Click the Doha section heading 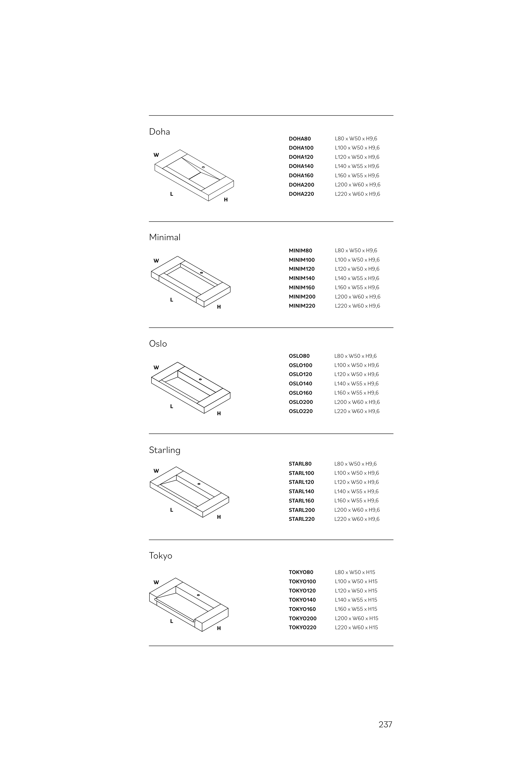[x=159, y=132]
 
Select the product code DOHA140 [x=301, y=166]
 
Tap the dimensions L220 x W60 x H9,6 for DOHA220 [x=357, y=194]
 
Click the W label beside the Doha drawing [x=156, y=155]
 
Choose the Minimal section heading [x=165, y=238]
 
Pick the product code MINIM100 [x=302, y=260]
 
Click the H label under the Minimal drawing [x=219, y=307]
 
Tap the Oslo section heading [x=158, y=344]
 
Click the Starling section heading [x=165, y=450]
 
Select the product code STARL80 [x=300, y=464]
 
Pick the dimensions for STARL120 [x=356, y=482]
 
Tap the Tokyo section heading [x=160, y=556]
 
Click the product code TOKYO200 [x=303, y=618]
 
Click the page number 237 [x=385, y=724]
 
